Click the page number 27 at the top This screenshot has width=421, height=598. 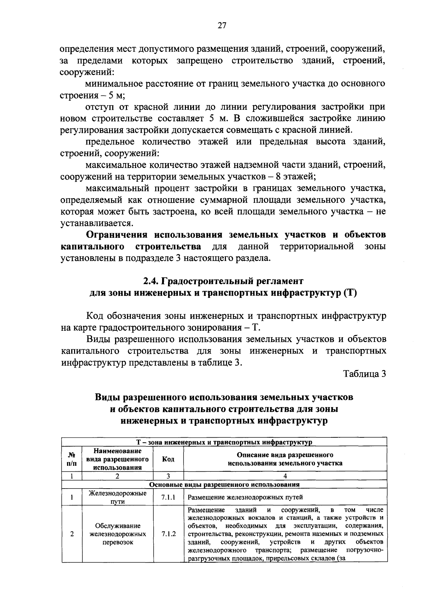222,25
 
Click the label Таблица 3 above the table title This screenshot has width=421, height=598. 365,374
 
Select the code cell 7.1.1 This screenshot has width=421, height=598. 168,497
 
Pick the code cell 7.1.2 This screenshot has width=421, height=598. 168,534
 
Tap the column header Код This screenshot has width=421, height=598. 168,459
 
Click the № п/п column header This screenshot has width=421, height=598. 72,459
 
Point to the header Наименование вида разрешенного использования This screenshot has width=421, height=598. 117,459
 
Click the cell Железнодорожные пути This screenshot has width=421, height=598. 117,497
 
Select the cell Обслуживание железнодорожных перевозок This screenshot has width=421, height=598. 118,534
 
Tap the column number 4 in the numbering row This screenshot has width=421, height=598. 285,476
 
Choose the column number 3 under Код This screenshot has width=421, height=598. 168,476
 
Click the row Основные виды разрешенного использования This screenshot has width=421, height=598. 224,484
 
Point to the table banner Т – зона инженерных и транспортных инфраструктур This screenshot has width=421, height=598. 224,442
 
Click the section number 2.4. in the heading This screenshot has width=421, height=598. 152,281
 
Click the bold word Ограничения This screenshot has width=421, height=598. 117,235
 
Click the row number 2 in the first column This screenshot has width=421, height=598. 72,534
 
